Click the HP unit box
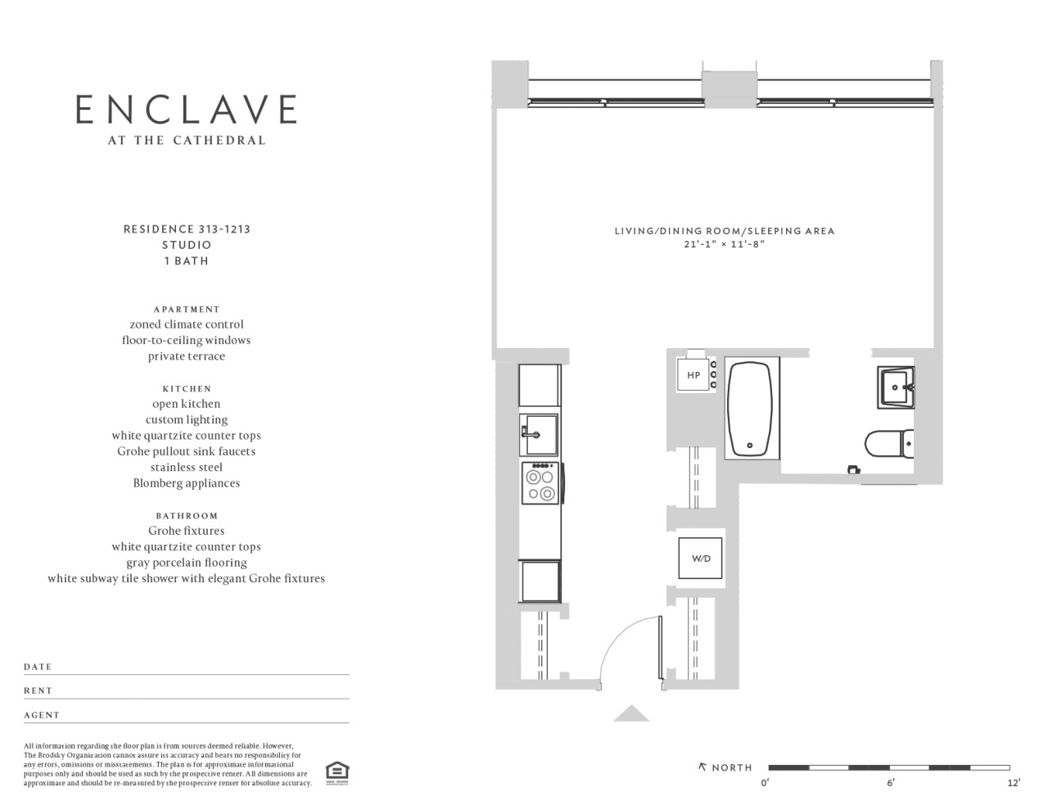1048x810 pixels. [x=693, y=375]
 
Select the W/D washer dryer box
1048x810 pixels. [x=700, y=559]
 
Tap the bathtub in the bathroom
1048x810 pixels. [x=750, y=408]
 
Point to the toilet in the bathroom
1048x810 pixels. [x=889, y=444]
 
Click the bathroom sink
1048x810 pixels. [x=896, y=387]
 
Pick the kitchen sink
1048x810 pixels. [x=539, y=435]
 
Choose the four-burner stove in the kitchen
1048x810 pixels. [x=540, y=483]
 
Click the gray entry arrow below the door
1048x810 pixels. [x=631, y=713]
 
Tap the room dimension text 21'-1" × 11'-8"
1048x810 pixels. [x=725, y=244]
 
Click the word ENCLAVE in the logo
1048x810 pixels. [x=186, y=109]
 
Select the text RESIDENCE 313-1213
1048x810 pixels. [x=187, y=229]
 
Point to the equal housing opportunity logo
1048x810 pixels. [x=337, y=773]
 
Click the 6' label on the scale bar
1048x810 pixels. [x=890, y=782]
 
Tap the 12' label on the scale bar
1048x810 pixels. [x=1014, y=782]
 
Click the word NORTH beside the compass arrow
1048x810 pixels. [x=732, y=767]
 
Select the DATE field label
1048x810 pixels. [x=38, y=667]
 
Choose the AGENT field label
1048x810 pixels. [x=42, y=715]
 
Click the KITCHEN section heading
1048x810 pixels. [x=187, y=389]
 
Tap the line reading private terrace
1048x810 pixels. [x=187, y=356]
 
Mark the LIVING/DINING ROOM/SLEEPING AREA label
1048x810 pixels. [x=725, y=231]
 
